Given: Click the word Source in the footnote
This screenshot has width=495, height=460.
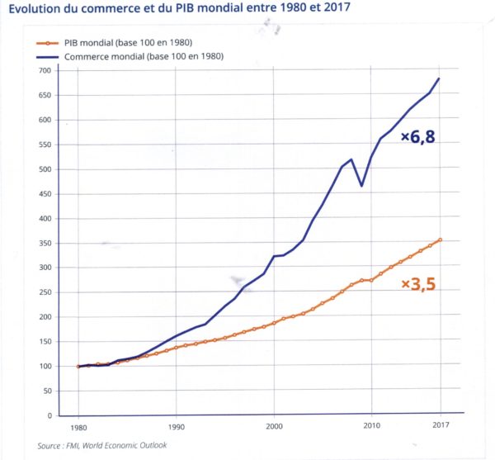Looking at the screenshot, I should click(50, 446).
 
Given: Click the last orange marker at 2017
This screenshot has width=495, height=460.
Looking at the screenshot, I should click(440, 240).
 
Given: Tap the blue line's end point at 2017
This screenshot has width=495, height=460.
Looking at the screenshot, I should click(440, 78).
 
